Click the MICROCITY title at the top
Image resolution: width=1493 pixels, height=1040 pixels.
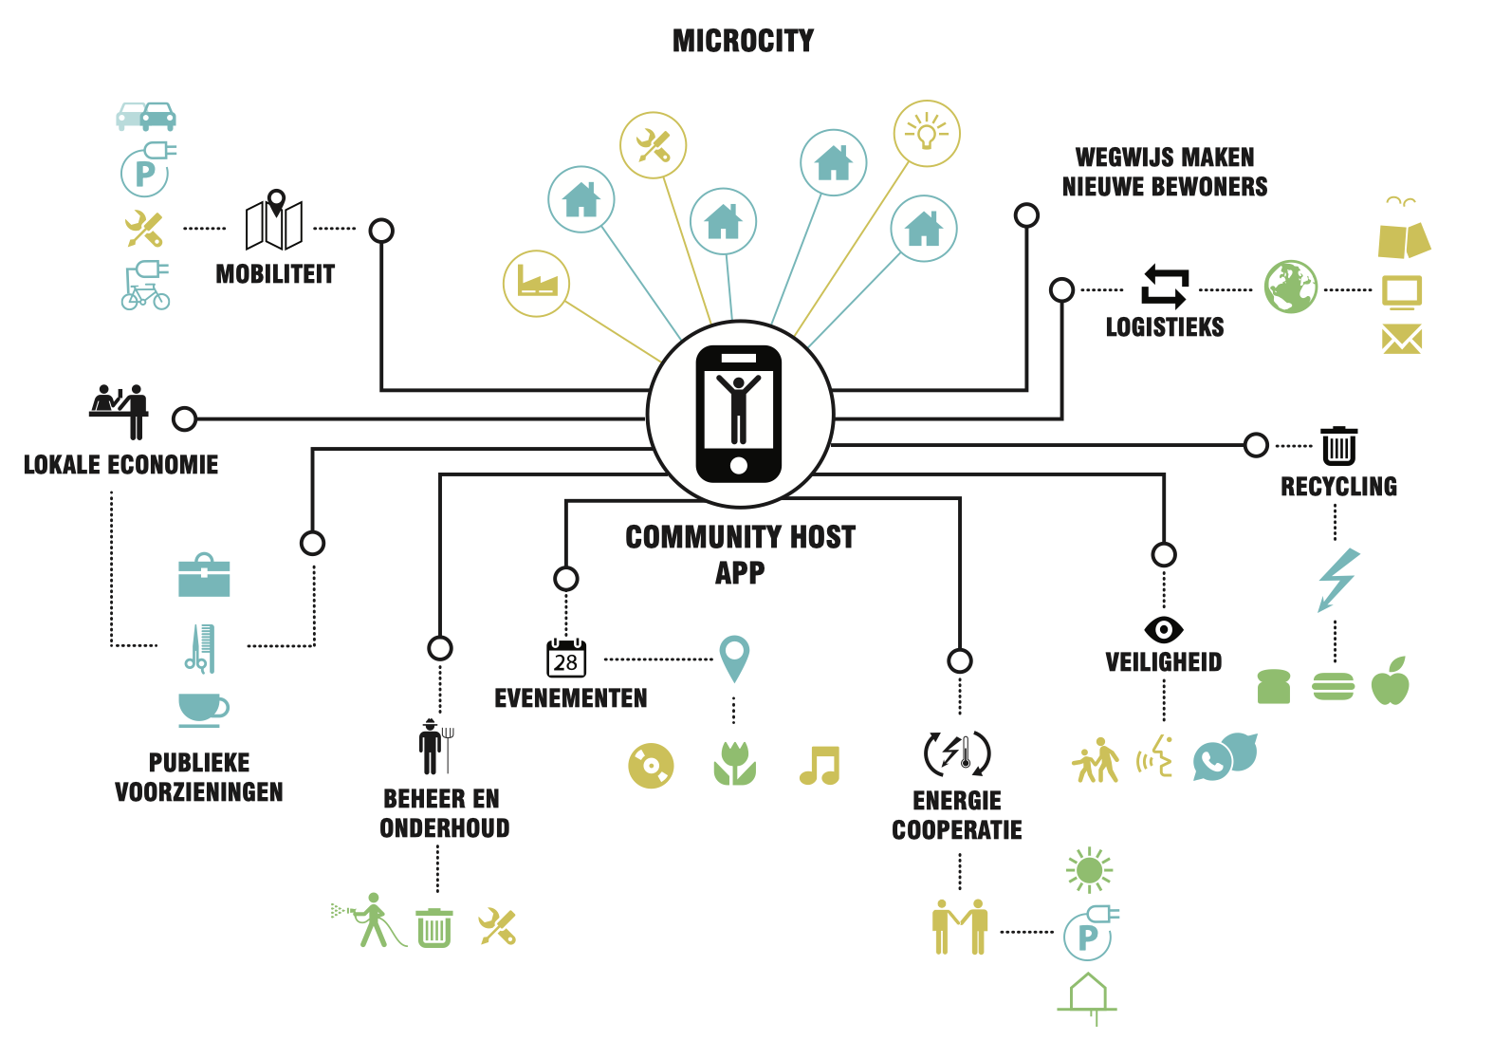(743, 41)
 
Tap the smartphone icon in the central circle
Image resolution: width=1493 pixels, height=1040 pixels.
(739, 414)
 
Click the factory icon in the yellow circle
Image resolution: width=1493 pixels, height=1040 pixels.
(537, 280)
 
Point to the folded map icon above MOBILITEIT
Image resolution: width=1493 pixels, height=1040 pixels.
(274, 220)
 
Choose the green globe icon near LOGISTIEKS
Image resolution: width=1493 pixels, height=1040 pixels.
(1290, 287)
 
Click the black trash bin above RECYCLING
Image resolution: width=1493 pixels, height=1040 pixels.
(1339, 445)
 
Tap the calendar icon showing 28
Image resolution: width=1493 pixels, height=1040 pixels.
(566, 658)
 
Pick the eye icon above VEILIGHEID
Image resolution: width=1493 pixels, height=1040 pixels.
(1164, 629)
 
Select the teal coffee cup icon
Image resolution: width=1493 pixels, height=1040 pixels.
(203, 710)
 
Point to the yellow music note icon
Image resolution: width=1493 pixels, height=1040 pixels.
(820, 765)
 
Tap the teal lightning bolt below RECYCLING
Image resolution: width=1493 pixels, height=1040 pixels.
(1338, 580)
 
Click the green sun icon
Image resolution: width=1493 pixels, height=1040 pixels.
(1089, 870)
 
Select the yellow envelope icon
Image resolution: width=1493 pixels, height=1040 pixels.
(1402, 339)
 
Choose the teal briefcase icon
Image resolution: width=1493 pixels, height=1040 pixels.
(204, 575)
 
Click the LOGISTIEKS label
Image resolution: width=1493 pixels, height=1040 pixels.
(1165, 327)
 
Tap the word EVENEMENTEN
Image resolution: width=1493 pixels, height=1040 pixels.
(570, 698)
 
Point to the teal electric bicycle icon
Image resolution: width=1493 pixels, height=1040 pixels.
(146, 285)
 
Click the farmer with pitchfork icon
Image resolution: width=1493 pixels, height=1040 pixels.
(436, 747)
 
